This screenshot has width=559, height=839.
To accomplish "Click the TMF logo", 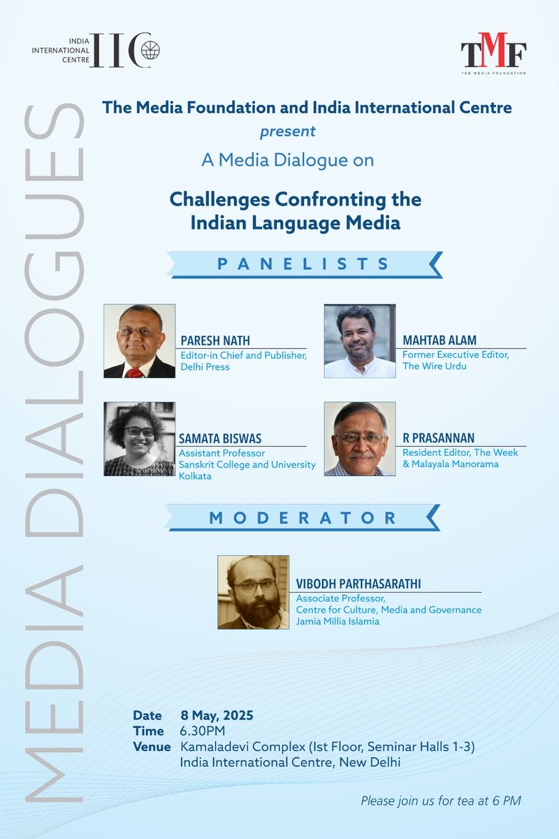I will (x=493, y=56).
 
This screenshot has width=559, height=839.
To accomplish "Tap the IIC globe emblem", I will (x=151, y=52).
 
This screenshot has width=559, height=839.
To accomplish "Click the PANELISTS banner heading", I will (x=303, y=264).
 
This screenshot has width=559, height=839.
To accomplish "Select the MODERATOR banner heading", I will (x=303, y=518).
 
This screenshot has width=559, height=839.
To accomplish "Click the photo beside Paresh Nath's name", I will (x=139, y=341).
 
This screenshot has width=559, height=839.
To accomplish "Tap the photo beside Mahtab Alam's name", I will (x=360, y=341).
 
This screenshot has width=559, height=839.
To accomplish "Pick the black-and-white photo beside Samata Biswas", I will (x=139, y=439).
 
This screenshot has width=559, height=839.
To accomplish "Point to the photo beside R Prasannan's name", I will (x=360, y=439).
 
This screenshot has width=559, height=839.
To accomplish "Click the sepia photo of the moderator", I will (x=253, y=592).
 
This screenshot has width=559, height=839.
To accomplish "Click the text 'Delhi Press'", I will (x=206, y=366).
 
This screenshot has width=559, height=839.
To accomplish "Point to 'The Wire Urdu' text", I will (x=433, y=366).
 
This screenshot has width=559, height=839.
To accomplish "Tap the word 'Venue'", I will (x=152, y=747).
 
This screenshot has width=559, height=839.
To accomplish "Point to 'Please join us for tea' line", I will (x=441, y=801).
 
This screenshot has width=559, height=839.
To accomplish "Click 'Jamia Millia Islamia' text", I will (x=338, y=621).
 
